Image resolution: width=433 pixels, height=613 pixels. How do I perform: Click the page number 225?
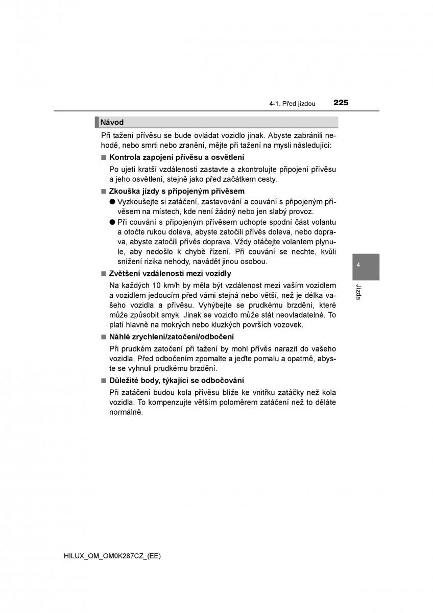341,103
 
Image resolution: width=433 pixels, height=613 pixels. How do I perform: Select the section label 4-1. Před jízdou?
293,104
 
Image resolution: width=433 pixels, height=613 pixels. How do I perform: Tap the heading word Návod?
112,123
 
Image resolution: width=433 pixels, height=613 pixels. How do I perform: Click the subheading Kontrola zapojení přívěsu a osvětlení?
176,157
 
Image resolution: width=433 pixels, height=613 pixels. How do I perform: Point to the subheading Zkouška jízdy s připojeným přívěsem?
177,191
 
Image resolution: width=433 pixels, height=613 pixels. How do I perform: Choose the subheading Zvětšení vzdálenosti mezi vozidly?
170,274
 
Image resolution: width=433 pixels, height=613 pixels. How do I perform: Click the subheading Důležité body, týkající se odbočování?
176,381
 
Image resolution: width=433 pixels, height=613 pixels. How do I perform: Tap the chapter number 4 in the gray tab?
359,265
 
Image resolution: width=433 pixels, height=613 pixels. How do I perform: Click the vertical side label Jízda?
359,291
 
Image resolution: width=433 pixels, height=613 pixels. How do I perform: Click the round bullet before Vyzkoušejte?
112,202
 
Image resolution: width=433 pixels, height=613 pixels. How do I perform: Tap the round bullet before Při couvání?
112,222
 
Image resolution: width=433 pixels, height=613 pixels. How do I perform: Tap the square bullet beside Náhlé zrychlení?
103,337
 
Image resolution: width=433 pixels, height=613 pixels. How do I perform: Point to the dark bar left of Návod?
97,123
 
